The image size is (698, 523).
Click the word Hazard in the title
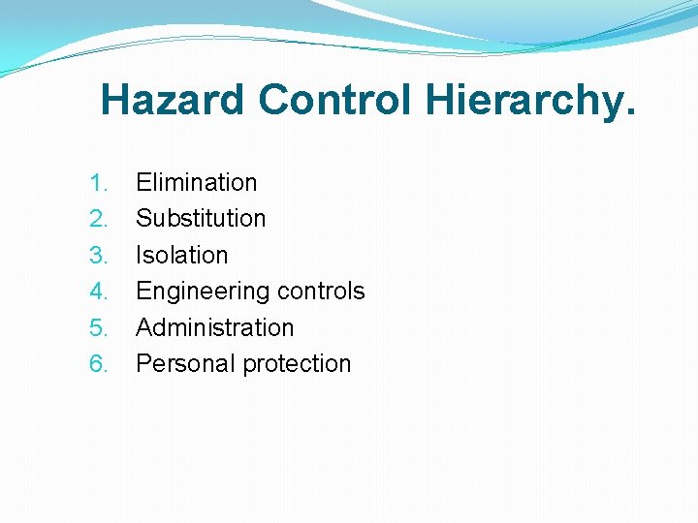coord(174,100)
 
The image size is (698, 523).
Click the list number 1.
coord(98,183)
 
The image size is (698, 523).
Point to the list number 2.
coord(99,219)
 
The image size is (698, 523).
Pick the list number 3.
coord(99,256)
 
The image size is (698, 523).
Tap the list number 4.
coord(99,292)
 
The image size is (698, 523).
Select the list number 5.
coord(99,328)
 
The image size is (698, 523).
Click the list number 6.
coord(99,364)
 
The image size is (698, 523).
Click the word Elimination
coord(197,183)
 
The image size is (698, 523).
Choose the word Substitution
coord(201,219)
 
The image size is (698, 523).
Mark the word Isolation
coord(182,256)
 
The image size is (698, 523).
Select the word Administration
coord(214,328)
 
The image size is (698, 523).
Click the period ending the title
coord(631,114)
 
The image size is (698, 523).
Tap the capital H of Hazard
coord(114,100)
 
